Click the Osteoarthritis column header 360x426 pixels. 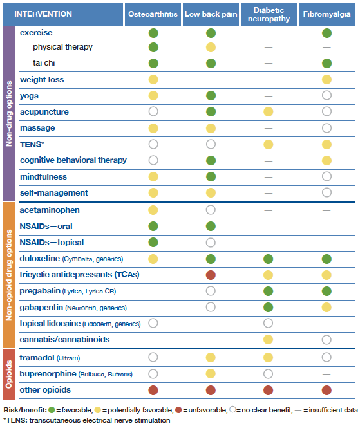153,14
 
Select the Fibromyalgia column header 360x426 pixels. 327,14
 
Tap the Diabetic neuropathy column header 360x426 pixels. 268,14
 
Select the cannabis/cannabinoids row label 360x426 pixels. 64,339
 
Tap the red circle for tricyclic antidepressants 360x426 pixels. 211,275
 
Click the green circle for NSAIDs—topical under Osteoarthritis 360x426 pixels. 153,243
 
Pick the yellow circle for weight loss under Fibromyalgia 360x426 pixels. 327,80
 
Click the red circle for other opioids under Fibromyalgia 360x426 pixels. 327,390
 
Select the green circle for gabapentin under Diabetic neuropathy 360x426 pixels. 268,307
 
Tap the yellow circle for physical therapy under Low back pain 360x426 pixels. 211,47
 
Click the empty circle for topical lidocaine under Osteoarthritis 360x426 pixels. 153,323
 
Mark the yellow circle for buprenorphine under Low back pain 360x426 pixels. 211,373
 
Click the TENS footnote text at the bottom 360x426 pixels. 86,420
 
